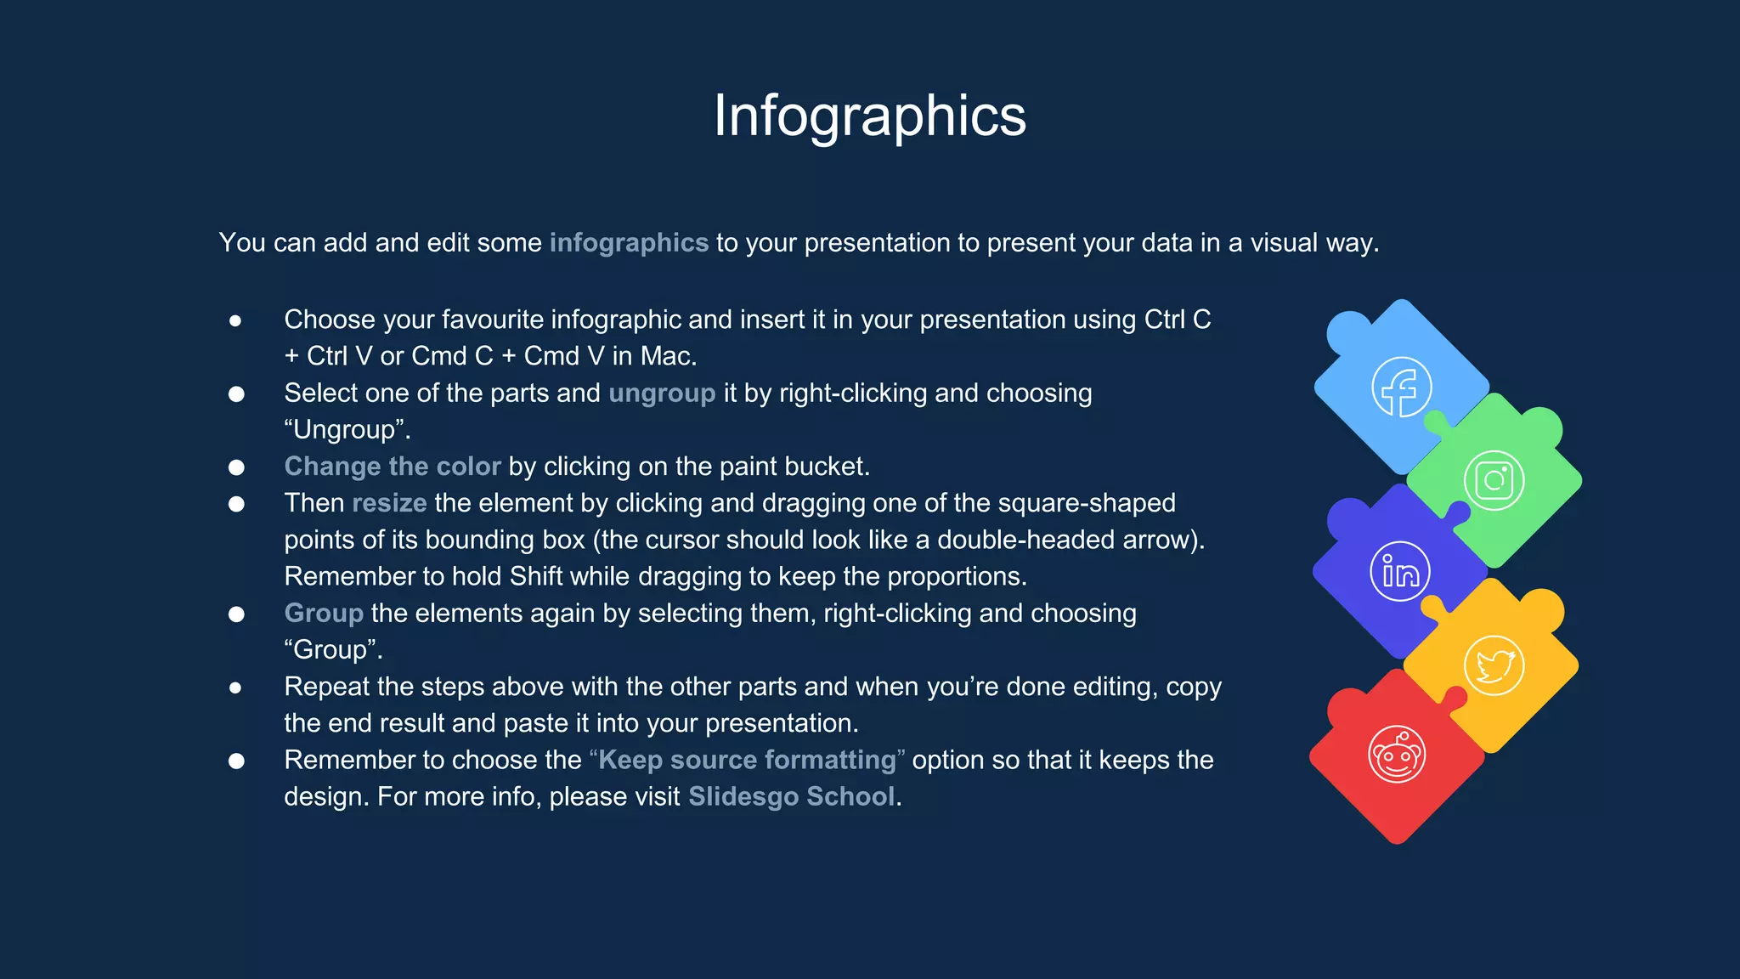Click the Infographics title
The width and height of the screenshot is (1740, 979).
(869, 116)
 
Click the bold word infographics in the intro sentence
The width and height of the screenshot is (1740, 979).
(629, 243)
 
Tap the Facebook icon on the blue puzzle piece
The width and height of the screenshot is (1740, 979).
(1401, 388)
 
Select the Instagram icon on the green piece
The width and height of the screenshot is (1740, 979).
(1494, 481)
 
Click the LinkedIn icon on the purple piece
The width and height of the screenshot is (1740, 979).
(1400, 572)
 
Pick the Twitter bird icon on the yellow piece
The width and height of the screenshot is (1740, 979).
(1494, 665)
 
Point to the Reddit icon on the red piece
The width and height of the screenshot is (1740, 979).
(1396, 755)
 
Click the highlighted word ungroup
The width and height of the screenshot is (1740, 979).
(662, 393)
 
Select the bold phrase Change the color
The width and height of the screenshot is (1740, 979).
(393, 467)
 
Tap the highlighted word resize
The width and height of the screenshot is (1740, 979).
(389, 503)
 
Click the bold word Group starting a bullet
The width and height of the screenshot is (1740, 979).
(324, 613)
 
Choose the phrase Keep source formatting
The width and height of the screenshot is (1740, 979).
(747, 760)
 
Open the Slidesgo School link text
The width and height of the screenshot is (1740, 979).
(791, 796)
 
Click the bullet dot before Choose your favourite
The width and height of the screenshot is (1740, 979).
(235, 320)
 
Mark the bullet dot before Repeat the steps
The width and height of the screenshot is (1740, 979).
(235, 688)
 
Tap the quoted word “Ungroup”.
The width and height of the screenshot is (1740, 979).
(347, 430)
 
